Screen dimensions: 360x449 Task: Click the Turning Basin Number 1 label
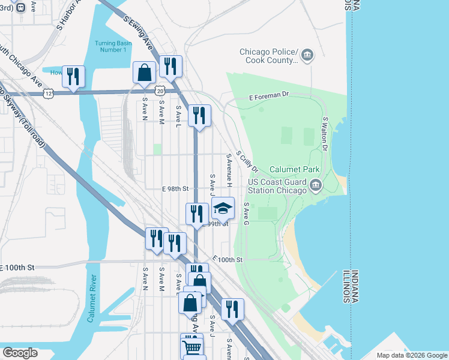(110, 46)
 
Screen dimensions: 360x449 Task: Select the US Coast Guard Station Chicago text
(277, 186)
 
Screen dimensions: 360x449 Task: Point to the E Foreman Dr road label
(269, 96)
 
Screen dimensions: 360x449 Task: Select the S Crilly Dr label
(246, 161)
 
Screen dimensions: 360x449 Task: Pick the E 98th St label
(175, 188)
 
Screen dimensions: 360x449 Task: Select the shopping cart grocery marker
(191, 346)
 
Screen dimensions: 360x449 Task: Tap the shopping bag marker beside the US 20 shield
(145, 73)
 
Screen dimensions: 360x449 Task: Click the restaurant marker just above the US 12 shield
(73, 76)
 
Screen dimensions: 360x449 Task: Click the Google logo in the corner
(20, 353)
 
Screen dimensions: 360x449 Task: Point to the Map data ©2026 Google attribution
(411, 355)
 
